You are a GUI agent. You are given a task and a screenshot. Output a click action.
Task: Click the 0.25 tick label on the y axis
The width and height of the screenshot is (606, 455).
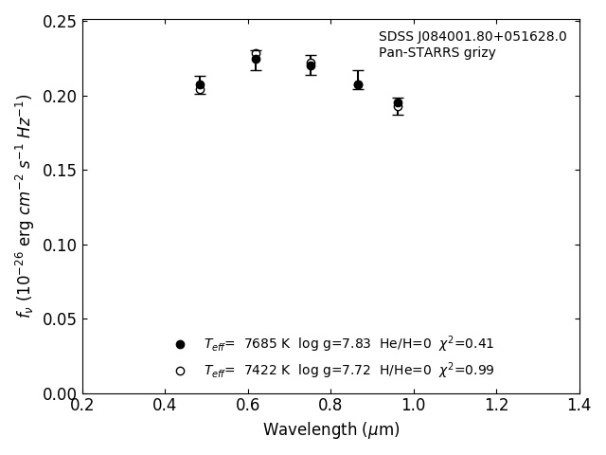tap(59, 22)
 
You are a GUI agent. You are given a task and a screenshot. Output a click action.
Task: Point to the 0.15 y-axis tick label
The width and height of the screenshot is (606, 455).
tap(59, 171)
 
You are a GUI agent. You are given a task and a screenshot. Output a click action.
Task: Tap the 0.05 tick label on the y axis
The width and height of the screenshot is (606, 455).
tap(59, 319)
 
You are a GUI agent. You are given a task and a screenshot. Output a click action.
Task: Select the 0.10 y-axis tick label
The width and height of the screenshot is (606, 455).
tap(59, 245)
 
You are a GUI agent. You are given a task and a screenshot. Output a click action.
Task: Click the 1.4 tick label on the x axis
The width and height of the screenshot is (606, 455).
tap(579, 405)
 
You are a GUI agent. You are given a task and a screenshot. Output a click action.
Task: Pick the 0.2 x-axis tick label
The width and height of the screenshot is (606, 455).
tap(82, 405)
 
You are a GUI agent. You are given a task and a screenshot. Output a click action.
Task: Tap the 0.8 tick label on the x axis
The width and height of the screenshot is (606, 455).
tap(330, 405)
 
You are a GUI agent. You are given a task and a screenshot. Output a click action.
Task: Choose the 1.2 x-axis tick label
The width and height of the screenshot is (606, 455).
tap(496, 405)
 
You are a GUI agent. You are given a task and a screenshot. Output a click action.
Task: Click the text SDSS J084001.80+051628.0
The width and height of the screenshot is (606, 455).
tap(472, 37)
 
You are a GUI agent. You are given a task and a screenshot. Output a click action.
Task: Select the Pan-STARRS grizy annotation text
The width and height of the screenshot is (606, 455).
tap(437, 53)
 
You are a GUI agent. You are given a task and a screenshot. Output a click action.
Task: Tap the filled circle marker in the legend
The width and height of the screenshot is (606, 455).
tap(180, 344)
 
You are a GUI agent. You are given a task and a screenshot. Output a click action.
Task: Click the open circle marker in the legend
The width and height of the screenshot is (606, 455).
tap(180, 371)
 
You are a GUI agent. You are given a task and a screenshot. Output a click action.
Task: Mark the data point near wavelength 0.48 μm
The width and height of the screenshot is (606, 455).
tap(200, 85)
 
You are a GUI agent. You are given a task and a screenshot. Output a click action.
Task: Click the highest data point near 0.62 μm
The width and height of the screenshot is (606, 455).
tap(256, 58)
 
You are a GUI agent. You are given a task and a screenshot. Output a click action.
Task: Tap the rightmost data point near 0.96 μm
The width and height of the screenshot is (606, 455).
tap(398, 103)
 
